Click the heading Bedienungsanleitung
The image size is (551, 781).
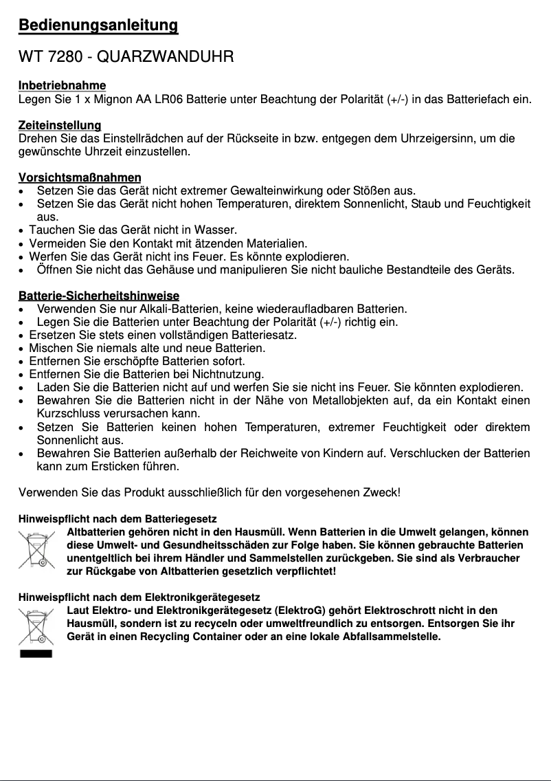(x=98, y=26)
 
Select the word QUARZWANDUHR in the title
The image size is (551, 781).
(x=167, y=57)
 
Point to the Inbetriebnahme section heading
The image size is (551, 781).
(x=62, y=85)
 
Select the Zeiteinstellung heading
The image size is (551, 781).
(x=60, y=125)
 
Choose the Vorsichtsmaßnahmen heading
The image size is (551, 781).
(x=80, y=177)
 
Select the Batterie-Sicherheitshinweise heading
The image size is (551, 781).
(x=98, y=296)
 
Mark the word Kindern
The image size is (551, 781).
(x=333, y=454)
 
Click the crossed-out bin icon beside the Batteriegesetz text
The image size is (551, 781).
(x=36, y=549)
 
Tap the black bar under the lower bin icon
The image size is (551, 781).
(x=36, y=653)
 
